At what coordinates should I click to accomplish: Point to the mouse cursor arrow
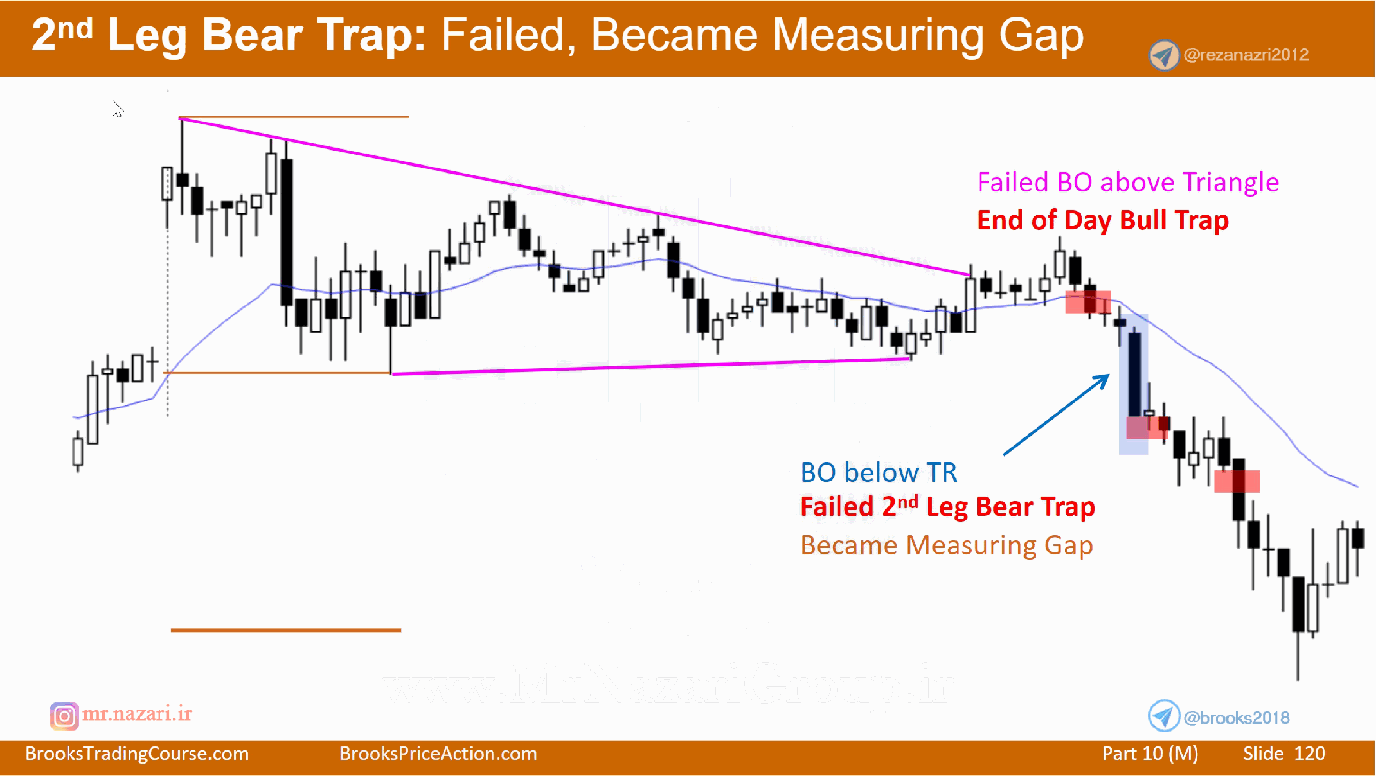pyautogui.click(x=117, y=108)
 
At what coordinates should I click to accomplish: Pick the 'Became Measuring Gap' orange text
pyautogui.click(x=946, y=545)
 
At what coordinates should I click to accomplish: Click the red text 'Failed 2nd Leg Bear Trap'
pyautogui.click(x=947, y=506)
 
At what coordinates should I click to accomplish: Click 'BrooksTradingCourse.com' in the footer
pyautogui.click(x=137, y=754)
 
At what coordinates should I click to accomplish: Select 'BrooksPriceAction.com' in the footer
pyautogui.click(x=438, y=754)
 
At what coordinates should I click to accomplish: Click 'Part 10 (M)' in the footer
pyautogui.click(x=1150, y=754)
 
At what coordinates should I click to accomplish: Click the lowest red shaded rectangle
pyautogui.click(x=1237, y=481)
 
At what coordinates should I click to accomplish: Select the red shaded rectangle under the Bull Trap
pyautogui.click(x=1088, y=302)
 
